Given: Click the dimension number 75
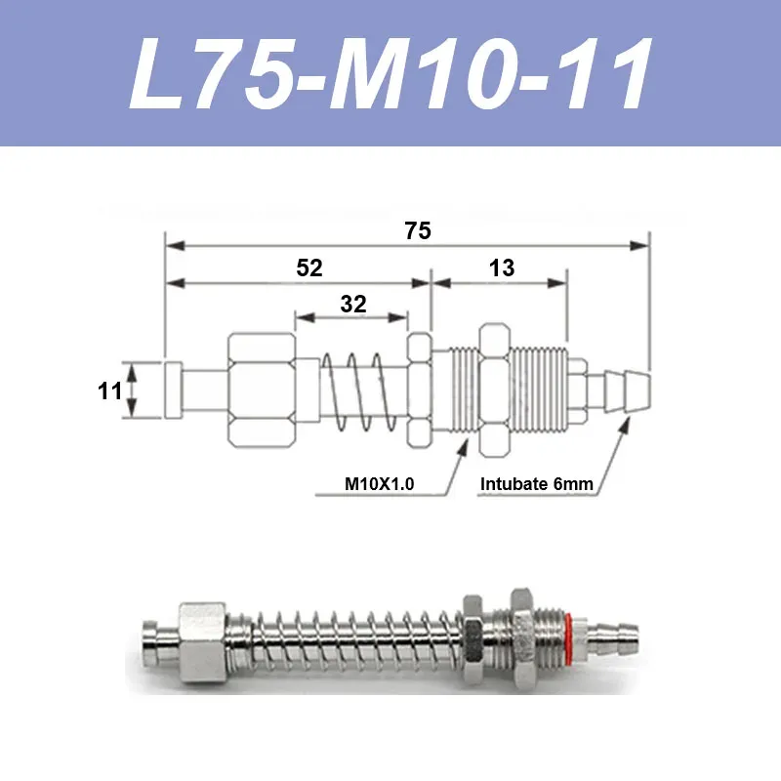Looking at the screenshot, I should point(417,231).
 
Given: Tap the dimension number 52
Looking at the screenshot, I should point(309,268).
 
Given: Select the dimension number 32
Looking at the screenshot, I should point(353,304).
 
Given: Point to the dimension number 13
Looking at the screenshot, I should point(502,268).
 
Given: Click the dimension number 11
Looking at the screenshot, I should point(109,391).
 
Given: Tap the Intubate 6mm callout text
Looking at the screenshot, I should point(537,483).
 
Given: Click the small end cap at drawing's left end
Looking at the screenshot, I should point(173,390).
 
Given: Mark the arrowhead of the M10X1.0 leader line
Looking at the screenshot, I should point(465,445).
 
